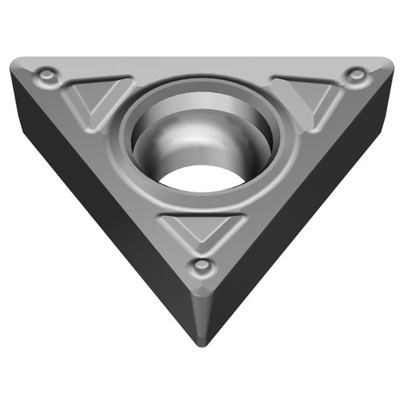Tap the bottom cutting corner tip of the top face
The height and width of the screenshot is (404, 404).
coord(202,296)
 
